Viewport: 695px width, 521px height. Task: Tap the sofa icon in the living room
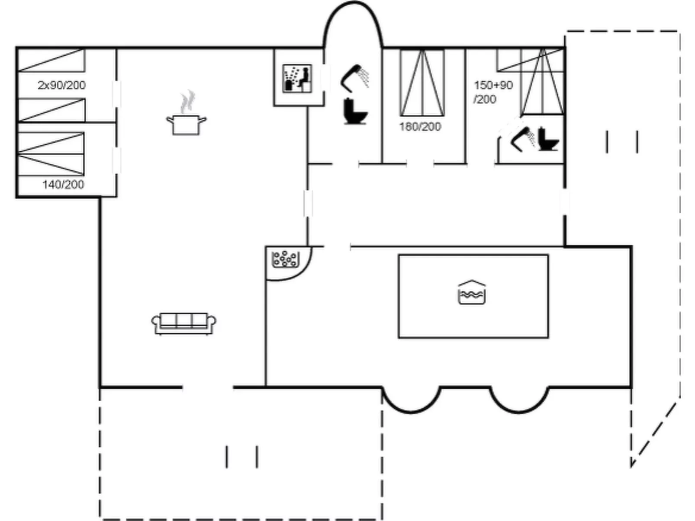coord(183,323)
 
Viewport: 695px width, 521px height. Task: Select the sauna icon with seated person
coord(297,79)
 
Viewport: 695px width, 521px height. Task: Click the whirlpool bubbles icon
coord(286,259)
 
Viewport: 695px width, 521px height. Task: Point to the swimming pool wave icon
coord(472,292)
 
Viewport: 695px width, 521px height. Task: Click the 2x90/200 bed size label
coord(62,85)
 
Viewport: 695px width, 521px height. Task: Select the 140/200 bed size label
coord(63,185)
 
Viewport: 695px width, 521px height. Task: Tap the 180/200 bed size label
coord(420,127)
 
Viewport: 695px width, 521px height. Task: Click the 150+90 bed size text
coord(493,85)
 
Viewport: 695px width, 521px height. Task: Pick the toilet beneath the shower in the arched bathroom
coord(355,111)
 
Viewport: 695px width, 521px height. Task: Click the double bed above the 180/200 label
coord(422,83)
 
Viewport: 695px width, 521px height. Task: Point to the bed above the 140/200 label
coord(51,154)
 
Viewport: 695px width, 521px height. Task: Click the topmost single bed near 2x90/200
coord(51,60)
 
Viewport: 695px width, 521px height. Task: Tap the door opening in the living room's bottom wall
coord(208,387)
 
